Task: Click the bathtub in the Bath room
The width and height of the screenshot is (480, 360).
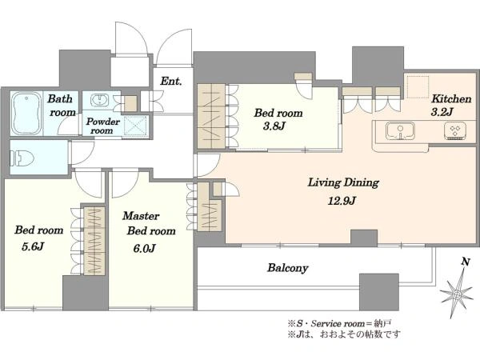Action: click(27, 114)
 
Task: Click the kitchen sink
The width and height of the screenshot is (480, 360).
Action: click(400, 131)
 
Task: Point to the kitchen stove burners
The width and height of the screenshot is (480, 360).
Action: click(455, 130)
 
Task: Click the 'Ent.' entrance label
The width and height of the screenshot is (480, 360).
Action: click(171, 81)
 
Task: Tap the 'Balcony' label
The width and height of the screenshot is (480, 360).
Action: click(288, 268)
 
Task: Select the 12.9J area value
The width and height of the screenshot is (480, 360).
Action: click(342, 201)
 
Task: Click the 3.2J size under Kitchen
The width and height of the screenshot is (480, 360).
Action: click(442, 112)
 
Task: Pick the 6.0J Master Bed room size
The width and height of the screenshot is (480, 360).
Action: click(144, 248)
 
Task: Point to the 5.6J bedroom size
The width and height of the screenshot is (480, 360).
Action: click(33, 246)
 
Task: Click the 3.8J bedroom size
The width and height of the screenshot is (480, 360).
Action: click(274, 126)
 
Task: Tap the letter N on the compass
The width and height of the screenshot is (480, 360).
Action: click(466, 262)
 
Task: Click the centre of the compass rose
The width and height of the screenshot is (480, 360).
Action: click(457, 294)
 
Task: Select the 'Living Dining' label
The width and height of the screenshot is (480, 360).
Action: click(343, 182)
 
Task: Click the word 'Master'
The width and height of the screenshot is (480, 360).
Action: click(141, 216)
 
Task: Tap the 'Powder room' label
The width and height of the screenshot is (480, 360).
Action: click(103, 126)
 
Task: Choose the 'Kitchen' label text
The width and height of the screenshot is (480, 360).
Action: click(451, 99)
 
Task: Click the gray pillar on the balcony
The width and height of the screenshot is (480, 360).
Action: click(379, 292)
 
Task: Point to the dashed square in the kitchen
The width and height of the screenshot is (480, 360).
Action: click(418, 86)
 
